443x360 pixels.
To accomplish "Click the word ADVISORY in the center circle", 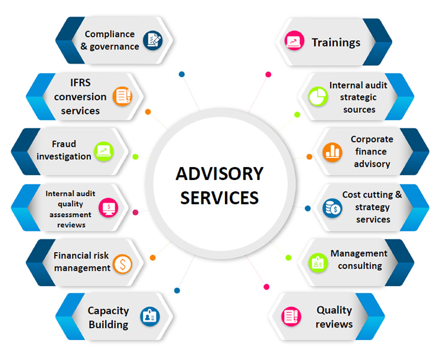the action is tap(220, 174).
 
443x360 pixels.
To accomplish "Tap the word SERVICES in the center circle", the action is tap(220, 198).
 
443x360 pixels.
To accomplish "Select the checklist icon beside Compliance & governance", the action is tap(153, 40).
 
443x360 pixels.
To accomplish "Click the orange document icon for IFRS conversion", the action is tap(123, 96).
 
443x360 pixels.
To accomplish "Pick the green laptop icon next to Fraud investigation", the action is tap(104, 152).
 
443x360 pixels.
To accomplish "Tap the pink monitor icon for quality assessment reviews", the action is tap(109, 208).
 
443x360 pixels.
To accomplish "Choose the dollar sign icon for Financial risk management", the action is tap(123, 264).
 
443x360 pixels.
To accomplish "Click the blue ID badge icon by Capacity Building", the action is tap(150, 316).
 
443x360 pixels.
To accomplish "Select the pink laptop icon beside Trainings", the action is tap(294, 41).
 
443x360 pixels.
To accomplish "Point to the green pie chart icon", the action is tap(318, 97).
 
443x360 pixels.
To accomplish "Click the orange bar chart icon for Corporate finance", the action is tap(333, 152).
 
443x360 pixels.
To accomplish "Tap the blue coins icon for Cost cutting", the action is tap(332, 208).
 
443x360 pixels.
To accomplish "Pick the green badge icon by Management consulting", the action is tap(318, 263).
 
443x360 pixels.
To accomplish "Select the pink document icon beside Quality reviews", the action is tap(291, 316).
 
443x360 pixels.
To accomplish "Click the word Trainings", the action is tap(336, 42).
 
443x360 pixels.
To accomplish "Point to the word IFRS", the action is tap(80, 83).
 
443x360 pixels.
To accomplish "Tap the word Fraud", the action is tap(64, 144).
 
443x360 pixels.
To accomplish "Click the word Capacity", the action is tap(108, 311).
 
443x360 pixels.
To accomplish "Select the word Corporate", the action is tap(372, 139).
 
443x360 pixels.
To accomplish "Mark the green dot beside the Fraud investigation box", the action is tap(136, 157).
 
